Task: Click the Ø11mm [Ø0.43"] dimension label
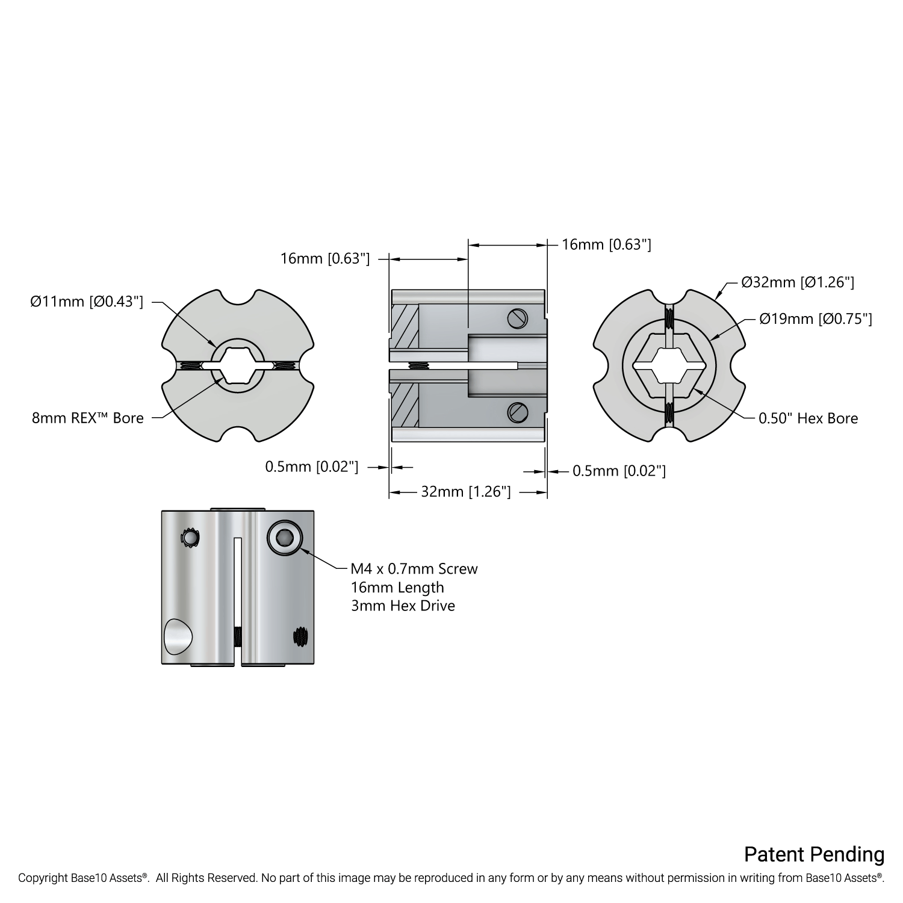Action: click(x=87, y=302)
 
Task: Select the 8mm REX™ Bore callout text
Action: click(x=88, y=418)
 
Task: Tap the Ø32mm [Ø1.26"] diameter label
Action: click(x=798, y=282)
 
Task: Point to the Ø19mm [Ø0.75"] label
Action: click(x=816, y=318)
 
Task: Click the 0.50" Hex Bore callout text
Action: click(x=808, y=418)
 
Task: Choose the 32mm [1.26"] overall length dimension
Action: click(x=466, y=492)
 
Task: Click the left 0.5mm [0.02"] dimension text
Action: click(x=312, y=467)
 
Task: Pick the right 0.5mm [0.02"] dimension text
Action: click(x=619, y=470)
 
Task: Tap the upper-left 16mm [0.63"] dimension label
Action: click(x=325, y=259)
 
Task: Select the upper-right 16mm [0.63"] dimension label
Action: click(x=606, y=244)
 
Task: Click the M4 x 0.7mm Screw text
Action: click(x=414, y=568)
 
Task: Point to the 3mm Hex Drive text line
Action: click(x=403, y=605)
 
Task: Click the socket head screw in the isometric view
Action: click(x=282, y=537)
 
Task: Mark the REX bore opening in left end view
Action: click(x=238, y=365)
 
